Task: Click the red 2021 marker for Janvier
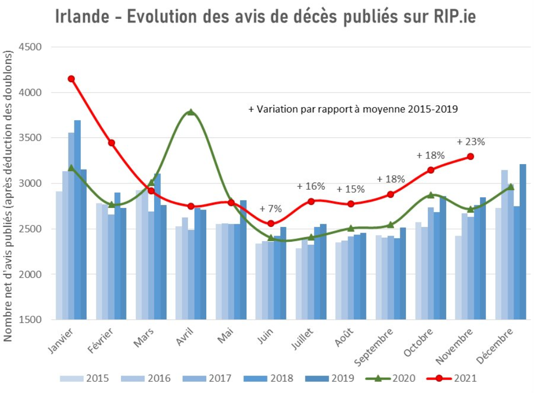click(x=71, y=79)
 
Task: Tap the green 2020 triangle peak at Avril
click(x=191, y=112)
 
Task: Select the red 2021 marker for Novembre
click(x=470, y=156)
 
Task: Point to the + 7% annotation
click(x=271, y=209)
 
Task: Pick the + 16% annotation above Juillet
click(x=311, y=187)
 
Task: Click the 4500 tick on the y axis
click(x=31, y=47)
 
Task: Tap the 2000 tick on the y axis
click(x=31, y=274)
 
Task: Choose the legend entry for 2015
click(x=85, y=379)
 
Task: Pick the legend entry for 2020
click(x=392, y=379)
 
